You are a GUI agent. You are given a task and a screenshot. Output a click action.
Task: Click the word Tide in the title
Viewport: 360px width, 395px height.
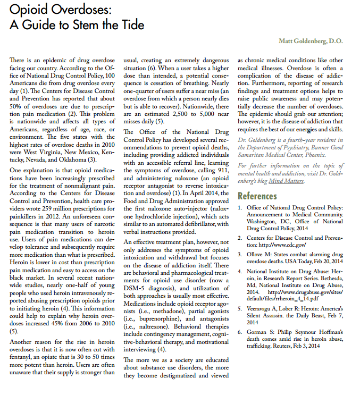(130, 25)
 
